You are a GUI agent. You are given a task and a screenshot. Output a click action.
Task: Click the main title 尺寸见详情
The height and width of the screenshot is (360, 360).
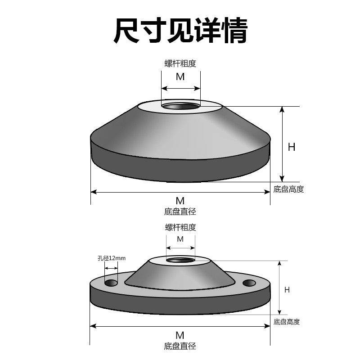pyautogui.click(x=180, y=31)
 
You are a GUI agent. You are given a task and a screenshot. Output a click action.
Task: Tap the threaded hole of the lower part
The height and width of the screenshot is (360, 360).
pyautogui.click(x=180, y=260)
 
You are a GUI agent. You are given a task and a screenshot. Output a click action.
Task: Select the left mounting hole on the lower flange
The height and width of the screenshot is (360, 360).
pyautogui.click(x=111, y=283)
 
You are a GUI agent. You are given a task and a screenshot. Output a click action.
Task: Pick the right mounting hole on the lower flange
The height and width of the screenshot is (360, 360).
pyautogui.click(x=249, y=283)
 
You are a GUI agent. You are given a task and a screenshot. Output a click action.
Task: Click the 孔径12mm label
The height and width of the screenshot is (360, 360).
pyautogui.click(x=111, y=258)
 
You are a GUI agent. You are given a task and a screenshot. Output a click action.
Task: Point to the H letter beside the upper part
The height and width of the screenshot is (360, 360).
pyautogui.click(x=292, y=147)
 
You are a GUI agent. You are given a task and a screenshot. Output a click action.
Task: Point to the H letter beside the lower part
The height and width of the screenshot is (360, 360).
pyautogui.click(x=287, y=290)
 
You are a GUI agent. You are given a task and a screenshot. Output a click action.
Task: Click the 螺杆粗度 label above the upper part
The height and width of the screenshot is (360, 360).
pyautogui.click(x=180, y=63)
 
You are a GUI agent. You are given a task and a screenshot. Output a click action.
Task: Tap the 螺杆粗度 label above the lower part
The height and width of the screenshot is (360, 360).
pyautogui.click(x=180, y=227)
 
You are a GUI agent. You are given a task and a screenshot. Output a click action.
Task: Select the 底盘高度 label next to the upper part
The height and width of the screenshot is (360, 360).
pyautogui.click(x=289, y=189)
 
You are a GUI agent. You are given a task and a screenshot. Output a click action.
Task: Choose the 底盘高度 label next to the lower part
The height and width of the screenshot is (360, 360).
pyautogui.click(x=287, y=322)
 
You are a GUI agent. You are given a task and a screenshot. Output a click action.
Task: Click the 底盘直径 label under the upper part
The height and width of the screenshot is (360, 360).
pyautogui.click(x=180, y=211)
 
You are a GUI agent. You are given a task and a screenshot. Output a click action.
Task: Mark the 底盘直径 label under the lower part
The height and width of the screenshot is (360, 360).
pyautogui.click(x=180, y=346)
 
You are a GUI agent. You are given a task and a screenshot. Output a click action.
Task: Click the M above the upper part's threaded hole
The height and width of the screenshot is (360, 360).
pyautogui.click(x=180, y=76)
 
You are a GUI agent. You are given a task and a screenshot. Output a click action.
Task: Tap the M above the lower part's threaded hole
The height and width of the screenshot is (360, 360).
pyautogui.click(x=180, y=239)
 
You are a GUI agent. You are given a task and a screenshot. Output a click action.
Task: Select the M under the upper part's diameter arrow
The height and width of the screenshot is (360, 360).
pyautogui.click(x=180, y=201)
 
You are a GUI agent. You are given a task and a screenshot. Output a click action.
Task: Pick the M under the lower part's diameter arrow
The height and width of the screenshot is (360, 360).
pyautogui.click(x=180, y=335)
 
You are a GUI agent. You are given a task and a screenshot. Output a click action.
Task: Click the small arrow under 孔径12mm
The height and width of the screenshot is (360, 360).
pyautogui.click(x=111, y=267)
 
